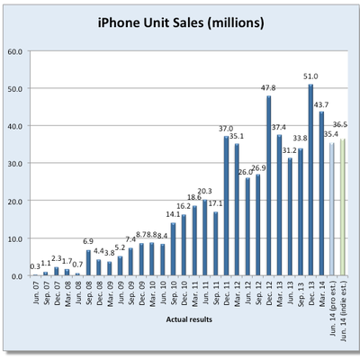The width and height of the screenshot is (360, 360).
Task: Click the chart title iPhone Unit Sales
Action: (180, 20)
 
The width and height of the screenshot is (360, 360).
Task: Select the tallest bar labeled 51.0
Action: (310, 180)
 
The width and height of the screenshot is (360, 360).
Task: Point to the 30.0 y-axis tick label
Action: (15, 164)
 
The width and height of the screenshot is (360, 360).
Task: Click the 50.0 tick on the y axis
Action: (15, 89)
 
